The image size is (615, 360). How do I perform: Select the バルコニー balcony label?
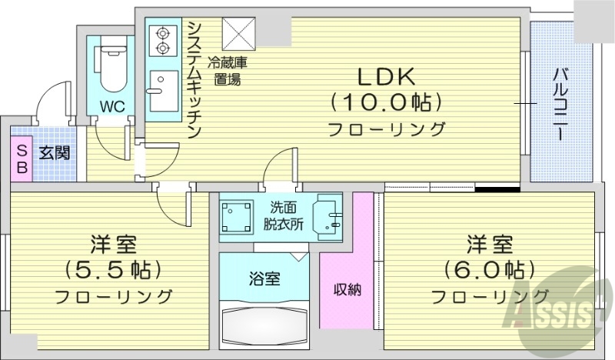coord(561,104)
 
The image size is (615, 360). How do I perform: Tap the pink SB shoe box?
coord(22,158)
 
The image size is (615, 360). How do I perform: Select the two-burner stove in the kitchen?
coord(163,40)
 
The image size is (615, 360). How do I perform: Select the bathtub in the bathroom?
coord(265,324)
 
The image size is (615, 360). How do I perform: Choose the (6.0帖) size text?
coord(489,270)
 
